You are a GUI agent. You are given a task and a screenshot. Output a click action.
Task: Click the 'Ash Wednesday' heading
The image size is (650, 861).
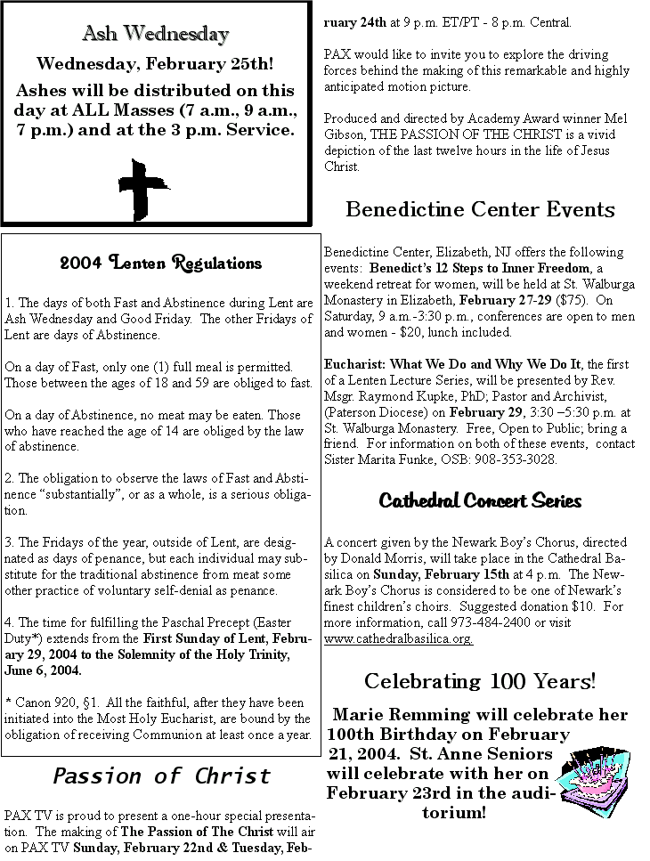(x=156, y=35)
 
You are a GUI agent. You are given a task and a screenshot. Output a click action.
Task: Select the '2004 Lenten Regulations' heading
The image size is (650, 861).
(x=161, y=263)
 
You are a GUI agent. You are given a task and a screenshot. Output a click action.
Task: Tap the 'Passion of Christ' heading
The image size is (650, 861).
(x=161, y=776)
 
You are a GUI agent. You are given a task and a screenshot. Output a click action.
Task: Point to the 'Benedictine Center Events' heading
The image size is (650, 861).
(x=480, y=209)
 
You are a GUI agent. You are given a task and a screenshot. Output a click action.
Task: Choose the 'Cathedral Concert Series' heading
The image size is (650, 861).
(x=480, y=500)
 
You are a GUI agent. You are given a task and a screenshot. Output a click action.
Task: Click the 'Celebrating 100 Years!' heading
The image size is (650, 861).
(x=480, y=682)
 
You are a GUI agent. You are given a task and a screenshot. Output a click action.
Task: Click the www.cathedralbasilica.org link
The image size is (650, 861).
(x=398, y=638)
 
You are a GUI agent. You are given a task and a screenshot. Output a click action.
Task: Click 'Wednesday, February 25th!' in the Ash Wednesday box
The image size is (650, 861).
(x=155, y=64)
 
